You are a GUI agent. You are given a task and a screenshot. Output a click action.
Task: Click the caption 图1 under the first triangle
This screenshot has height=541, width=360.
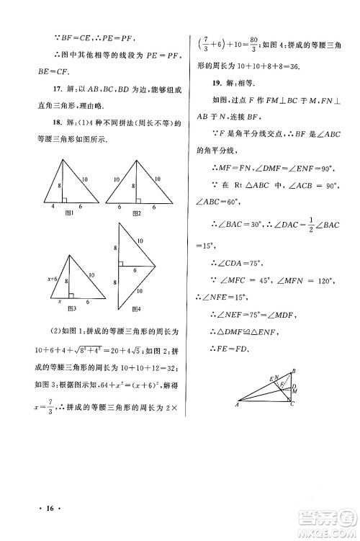point(71,214)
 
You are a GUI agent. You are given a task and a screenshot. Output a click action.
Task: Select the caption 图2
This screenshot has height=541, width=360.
point(136,214)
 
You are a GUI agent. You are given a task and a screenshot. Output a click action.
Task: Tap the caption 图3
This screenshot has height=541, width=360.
point(71,308)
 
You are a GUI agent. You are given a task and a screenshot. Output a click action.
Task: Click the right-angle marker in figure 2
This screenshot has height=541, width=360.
point(135,199)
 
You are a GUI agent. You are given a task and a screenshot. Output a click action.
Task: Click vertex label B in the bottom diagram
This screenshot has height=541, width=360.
point(293,371)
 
